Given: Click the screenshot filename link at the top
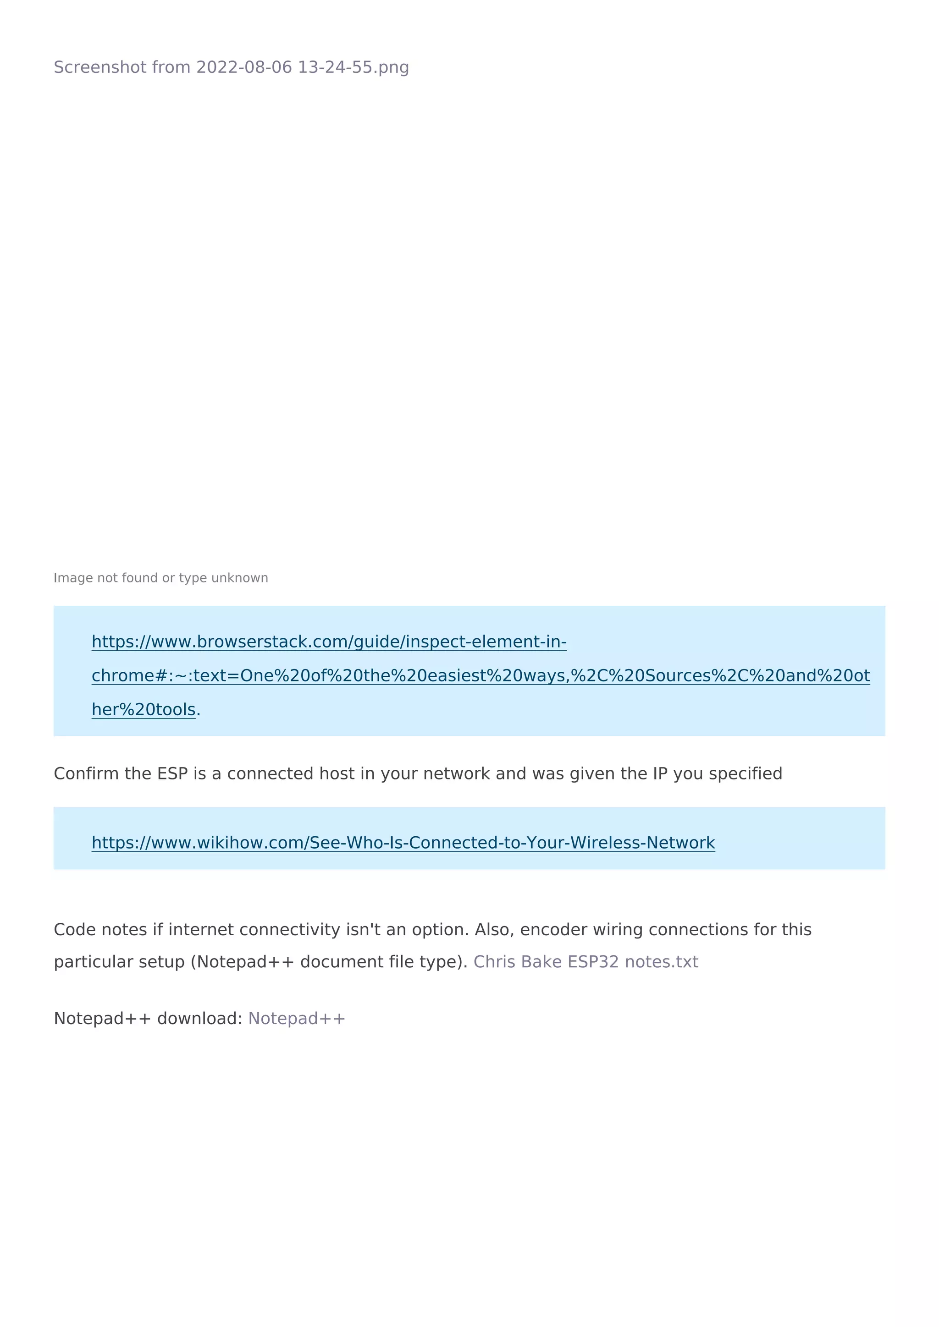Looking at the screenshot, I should click(231, 68).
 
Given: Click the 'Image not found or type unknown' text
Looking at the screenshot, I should click(161, 578).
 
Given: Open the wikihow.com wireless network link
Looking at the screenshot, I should click(403, 843).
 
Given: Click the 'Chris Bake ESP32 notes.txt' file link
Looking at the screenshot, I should click(585, 962).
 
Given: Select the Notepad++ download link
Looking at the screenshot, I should click(297, 1018).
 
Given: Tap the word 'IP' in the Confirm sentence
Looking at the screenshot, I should click(660, 774).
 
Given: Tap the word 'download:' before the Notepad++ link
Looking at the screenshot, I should click(199, 1018).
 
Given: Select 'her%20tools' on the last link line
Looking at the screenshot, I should click(144, 710).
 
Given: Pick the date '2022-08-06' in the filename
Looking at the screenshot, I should click(244, 68).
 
